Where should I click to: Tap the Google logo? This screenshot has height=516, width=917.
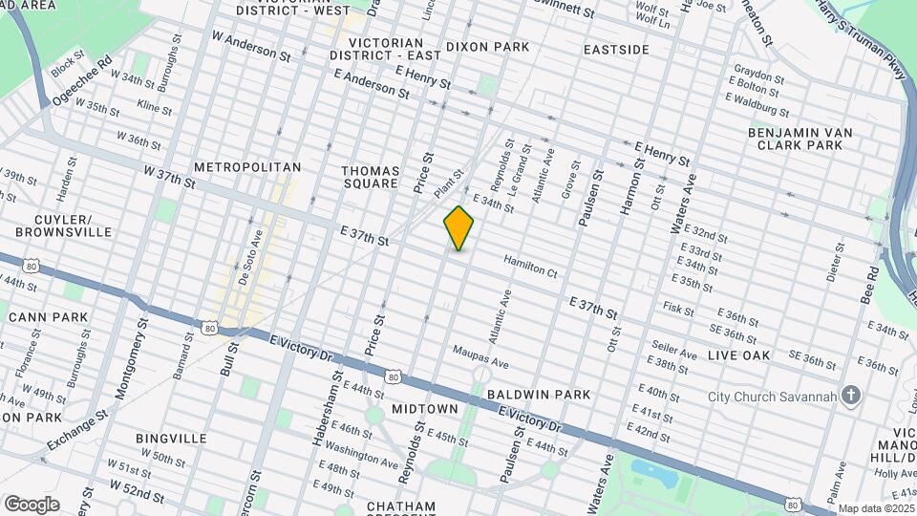[x=32, y=505]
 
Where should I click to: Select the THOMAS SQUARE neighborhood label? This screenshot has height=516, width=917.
[x=370, y=177]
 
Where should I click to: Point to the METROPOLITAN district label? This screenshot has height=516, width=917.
[x=247, y=167]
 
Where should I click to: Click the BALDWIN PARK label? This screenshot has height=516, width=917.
[x=538, y=394]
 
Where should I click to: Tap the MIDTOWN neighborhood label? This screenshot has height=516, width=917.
[x=424, y=409]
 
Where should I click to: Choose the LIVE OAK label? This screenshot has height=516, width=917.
[x=738, y=355]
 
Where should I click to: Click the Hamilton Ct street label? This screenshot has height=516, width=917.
[x=530, y=272]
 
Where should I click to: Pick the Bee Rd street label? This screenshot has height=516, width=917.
[x=870, y=285]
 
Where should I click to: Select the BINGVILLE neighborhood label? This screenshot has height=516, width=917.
[x=171, y=439]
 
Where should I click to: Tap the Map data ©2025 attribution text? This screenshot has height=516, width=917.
[x=876, y=508]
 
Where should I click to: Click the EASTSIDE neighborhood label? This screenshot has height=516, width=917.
[x=616, y=49]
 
